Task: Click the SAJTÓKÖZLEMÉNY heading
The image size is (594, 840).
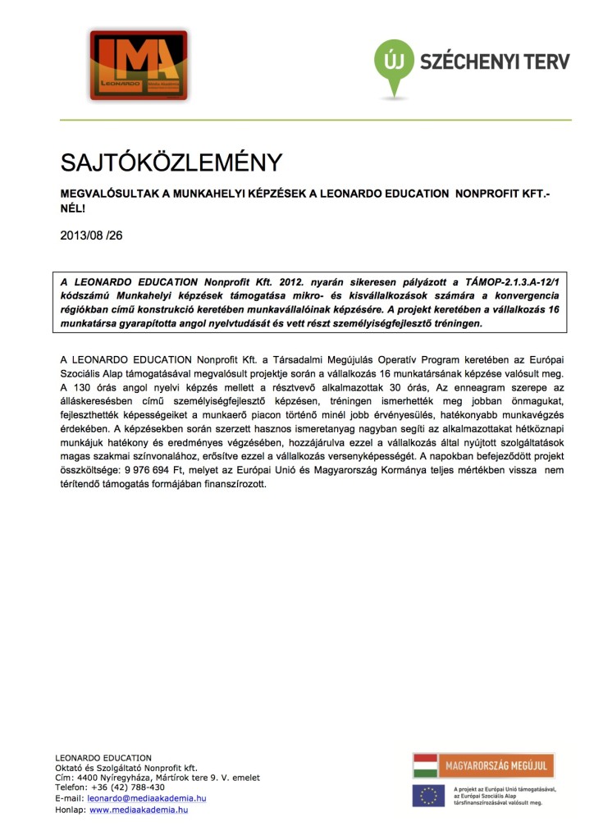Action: coord(171,162)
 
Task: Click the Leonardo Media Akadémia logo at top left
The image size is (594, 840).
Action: coord(139,65)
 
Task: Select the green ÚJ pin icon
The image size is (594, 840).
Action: coord(394,62)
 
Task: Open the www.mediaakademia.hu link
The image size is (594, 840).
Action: coord(139,809)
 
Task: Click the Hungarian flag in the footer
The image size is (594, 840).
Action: coord(425,766)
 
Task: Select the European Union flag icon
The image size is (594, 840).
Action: coord(427,795)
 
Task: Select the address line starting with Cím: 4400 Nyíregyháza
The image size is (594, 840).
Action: coord(157,777)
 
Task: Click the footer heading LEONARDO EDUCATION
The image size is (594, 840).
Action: coord(103,757)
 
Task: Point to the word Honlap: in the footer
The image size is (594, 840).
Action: coord(71,809)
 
